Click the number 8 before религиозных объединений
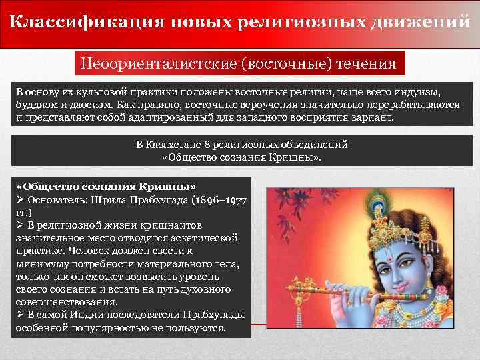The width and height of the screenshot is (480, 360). pyautogui.click(x=209, y=144)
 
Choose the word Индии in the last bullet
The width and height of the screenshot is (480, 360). pyautogui.click(x=91, y=315)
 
